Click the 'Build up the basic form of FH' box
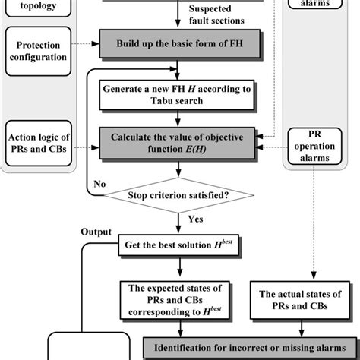click(x=178, y=43)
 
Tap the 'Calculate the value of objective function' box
click(x=178, y=143)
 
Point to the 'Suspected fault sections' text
click(x=212, y=16)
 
